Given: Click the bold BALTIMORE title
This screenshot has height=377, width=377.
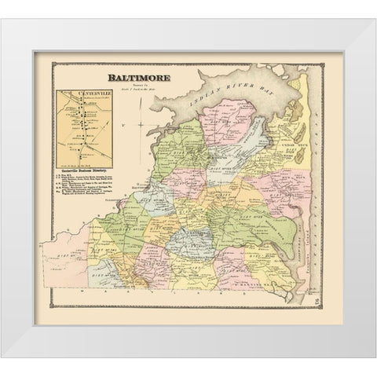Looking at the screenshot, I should pyautogui.click(x=140, y=80).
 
